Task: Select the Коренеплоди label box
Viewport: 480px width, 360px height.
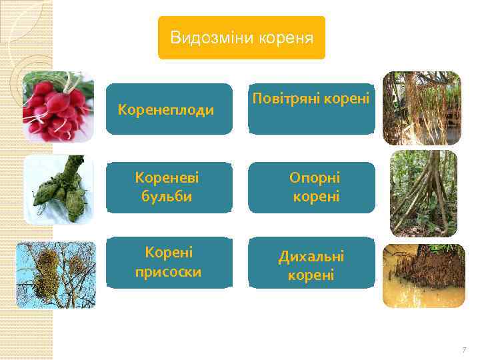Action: (169, 109)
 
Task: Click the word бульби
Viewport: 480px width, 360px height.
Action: (166, 197)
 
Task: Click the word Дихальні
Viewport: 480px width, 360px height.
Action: (311, 256)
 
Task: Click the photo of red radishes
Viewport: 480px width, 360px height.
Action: (58, 107)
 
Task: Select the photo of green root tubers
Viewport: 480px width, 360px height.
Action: (58, 189)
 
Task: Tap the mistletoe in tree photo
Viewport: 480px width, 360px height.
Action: (56, 275)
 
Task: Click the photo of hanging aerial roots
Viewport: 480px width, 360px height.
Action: (421, 108)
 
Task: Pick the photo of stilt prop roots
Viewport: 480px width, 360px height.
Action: (423, 193)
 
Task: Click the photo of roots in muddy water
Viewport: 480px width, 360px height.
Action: (423, 275)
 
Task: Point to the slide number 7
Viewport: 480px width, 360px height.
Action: (464, 350)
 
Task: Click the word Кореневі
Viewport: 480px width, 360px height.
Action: (167, 178)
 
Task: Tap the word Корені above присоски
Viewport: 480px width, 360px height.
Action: (169, 253)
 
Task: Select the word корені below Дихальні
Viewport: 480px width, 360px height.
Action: (311, 275)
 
